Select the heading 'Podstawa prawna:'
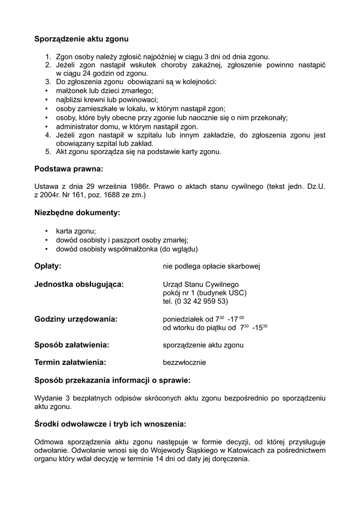(69, 169)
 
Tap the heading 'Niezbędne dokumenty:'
(77, 213)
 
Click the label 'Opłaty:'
(48, 266)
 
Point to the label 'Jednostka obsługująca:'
(79, 284)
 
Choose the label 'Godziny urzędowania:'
(76, 319)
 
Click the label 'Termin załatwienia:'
(70, 362)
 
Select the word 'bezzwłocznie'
(184, 363)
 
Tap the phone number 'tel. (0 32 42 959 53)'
(195, 301)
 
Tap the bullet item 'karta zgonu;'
(76, 231)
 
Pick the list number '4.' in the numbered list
(49, 135)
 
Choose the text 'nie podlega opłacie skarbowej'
(212, 266)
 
